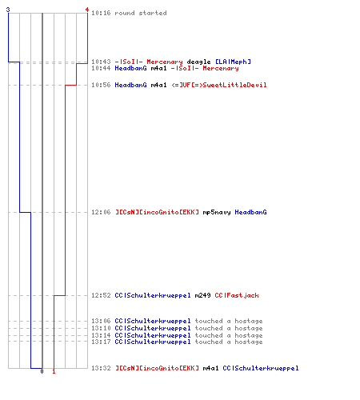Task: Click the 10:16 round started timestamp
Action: coord(101,13)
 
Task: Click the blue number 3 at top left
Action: coord(8,10)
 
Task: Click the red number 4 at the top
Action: coord(87,10)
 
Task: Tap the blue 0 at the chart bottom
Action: coord(42,371)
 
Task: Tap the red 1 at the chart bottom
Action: coord(54,371)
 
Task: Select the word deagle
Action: coord(198,62)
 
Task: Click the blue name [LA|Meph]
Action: coord(233,62)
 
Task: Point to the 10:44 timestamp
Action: coord(101,68)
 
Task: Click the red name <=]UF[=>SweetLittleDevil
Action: coord(219,85)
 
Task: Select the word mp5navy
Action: coord(217,212)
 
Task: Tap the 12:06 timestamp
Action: coord(101,212)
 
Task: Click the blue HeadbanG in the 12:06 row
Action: coord(250,212)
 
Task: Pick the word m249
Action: coord(202,295)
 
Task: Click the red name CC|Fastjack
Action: coord(237,295)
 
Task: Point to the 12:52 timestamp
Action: coord(101,295)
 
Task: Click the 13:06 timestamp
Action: coord(101,321)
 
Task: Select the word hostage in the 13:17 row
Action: coord(249,342)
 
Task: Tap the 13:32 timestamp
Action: coord(101,368)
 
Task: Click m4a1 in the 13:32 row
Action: coord(210,368)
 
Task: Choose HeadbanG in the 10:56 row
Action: coord(130,85)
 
